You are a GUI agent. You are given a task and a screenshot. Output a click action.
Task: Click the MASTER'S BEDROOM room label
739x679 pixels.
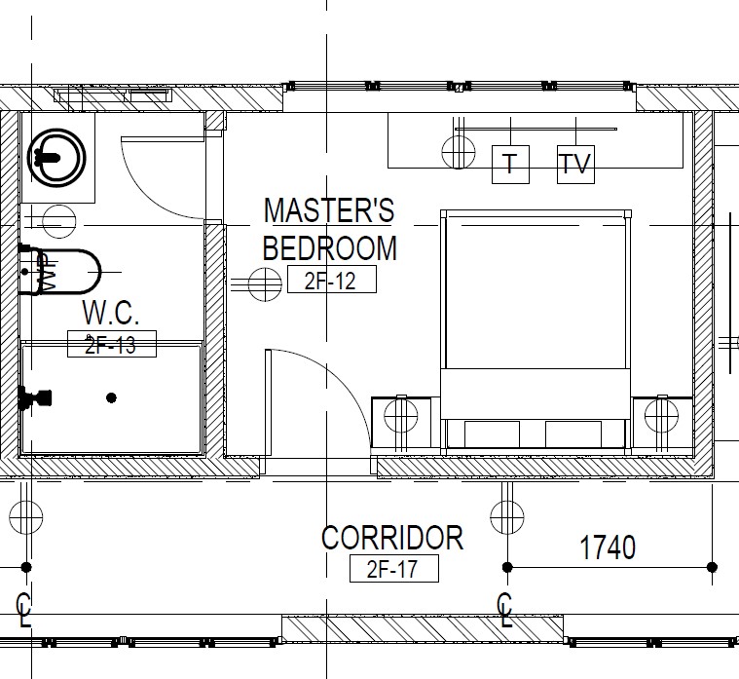[329, 229]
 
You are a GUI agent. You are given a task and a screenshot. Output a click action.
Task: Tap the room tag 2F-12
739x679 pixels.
[332, 280]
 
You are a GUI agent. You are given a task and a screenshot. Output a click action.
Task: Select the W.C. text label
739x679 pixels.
[111, 312]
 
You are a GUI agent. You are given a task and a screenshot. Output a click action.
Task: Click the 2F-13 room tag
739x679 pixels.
[112, 344]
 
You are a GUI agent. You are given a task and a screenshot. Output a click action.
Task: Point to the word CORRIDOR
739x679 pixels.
[392, 538]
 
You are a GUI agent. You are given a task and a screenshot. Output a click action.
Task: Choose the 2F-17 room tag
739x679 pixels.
[394, 568]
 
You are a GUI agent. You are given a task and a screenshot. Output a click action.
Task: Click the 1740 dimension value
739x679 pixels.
[608, 547]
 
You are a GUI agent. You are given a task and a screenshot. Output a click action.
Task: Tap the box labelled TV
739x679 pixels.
[576, 164]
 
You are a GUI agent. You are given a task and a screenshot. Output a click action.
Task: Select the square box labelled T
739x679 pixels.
[510, 164]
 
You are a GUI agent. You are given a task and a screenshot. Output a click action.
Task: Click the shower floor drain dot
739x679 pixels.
[111, 398]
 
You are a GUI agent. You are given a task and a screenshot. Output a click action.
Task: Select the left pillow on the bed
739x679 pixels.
[492, 434]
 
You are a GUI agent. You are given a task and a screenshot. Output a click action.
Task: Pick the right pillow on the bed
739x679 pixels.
[573, 434]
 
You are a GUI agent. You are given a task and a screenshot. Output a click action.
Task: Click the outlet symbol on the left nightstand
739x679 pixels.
[400, 416]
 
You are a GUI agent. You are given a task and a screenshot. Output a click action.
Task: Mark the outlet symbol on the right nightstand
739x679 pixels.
[662, 416]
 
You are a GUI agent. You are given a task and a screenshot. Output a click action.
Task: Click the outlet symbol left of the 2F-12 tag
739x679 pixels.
[265, 283]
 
